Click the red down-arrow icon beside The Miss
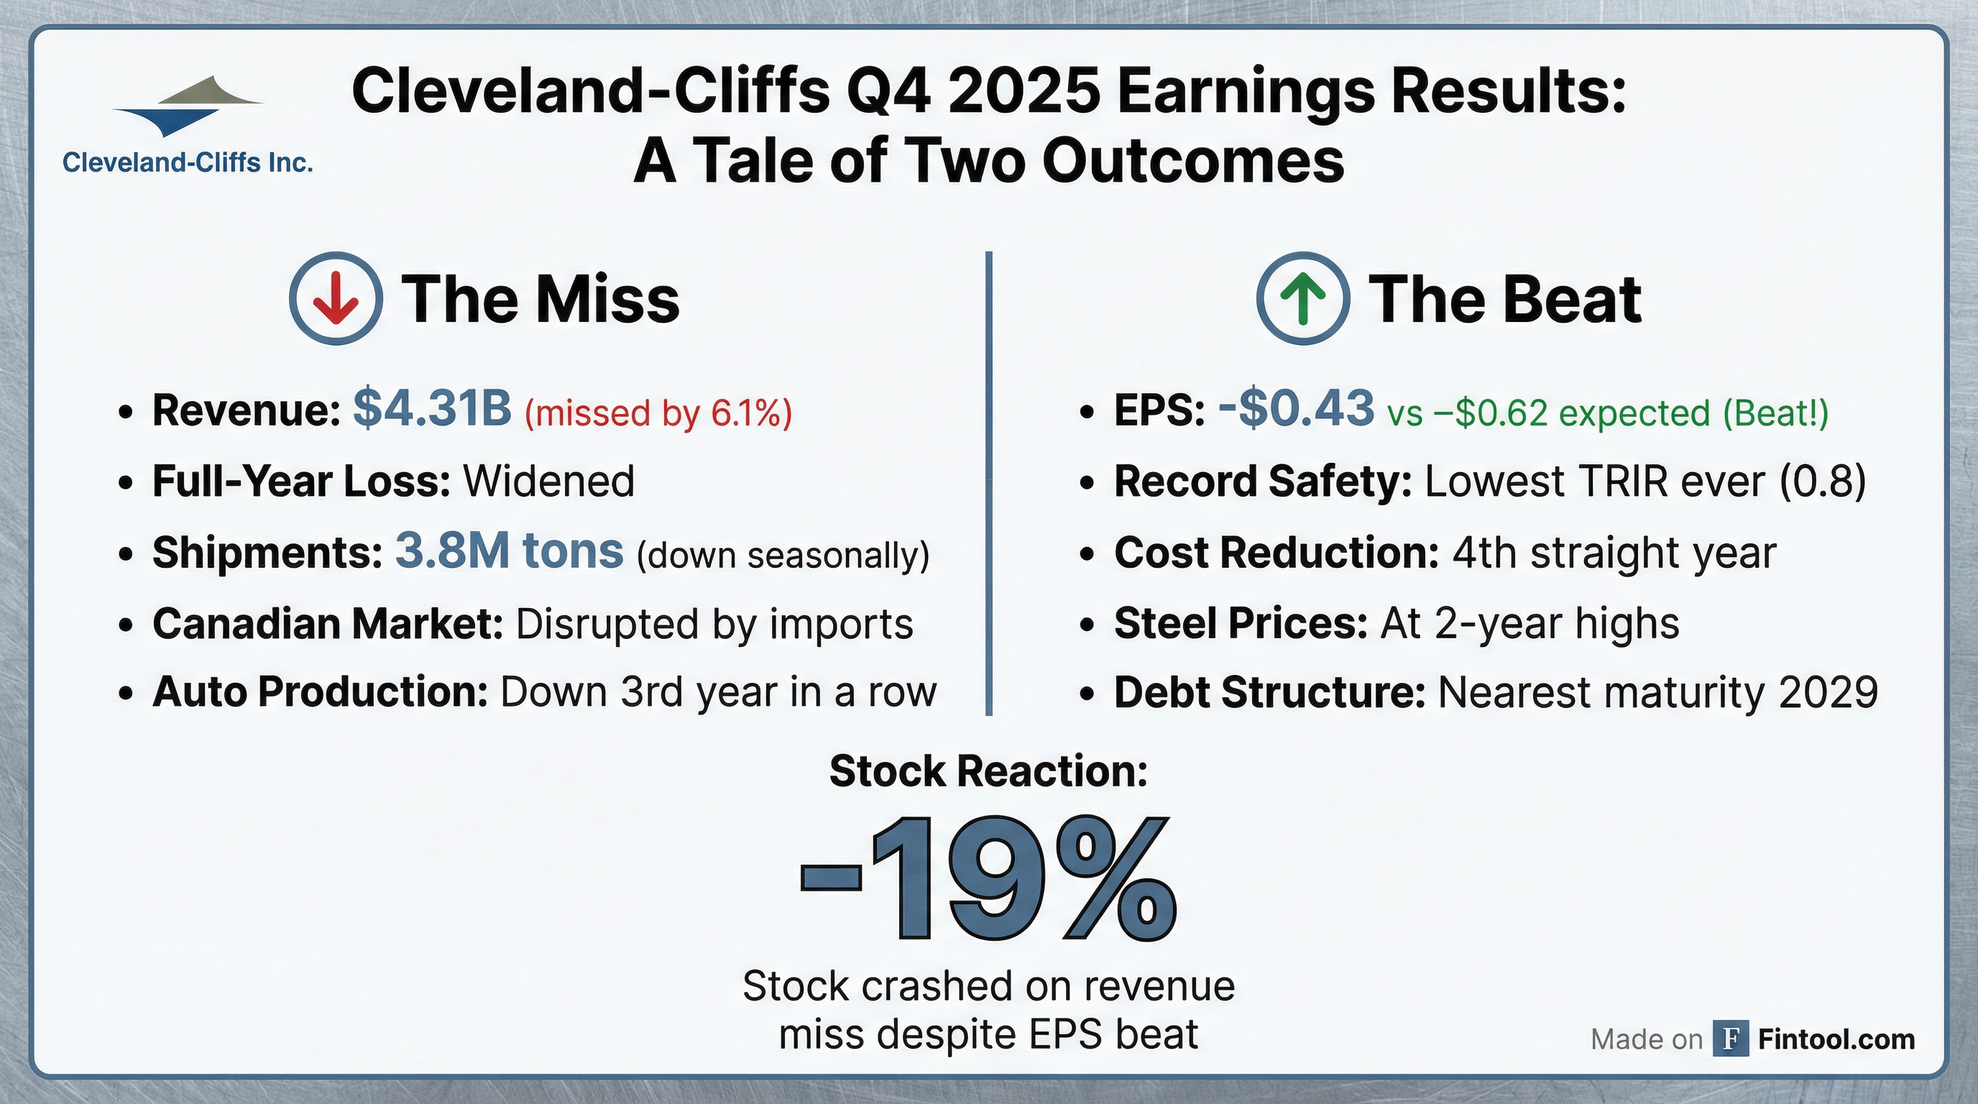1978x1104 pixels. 336,299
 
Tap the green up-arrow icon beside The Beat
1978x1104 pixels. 1303,299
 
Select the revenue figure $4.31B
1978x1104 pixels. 432,408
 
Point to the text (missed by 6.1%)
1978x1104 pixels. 658,413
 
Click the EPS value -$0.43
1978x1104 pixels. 1296,408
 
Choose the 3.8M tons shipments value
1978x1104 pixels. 509,551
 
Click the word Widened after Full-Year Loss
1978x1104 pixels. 548,482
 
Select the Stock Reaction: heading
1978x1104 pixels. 988,771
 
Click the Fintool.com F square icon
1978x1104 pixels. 1731,1039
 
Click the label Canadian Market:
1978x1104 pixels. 328,623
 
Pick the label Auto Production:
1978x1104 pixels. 320,692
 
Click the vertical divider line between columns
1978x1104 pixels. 988,484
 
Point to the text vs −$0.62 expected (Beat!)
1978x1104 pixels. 1608,413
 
